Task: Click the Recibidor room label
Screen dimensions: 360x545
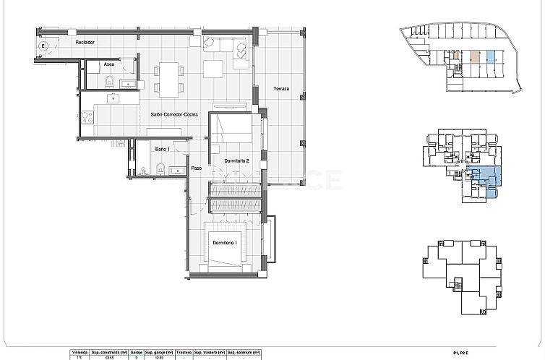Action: click(x=86, y=43)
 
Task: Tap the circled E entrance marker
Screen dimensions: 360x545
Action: click(x=43, y=46)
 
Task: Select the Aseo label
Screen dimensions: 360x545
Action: click(x=109, y=65)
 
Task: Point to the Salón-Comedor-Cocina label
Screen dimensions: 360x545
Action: click(x=171, y=115)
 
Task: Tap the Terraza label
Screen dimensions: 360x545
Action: click(x=281, y=88)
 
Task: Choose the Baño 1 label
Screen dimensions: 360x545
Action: click(x=161, y=150)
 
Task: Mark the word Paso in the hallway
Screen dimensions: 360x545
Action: click(x=196, y=168)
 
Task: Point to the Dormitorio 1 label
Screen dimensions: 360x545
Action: click(x=226, y=242)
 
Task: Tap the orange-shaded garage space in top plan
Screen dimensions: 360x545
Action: click(x=475, y=56)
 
